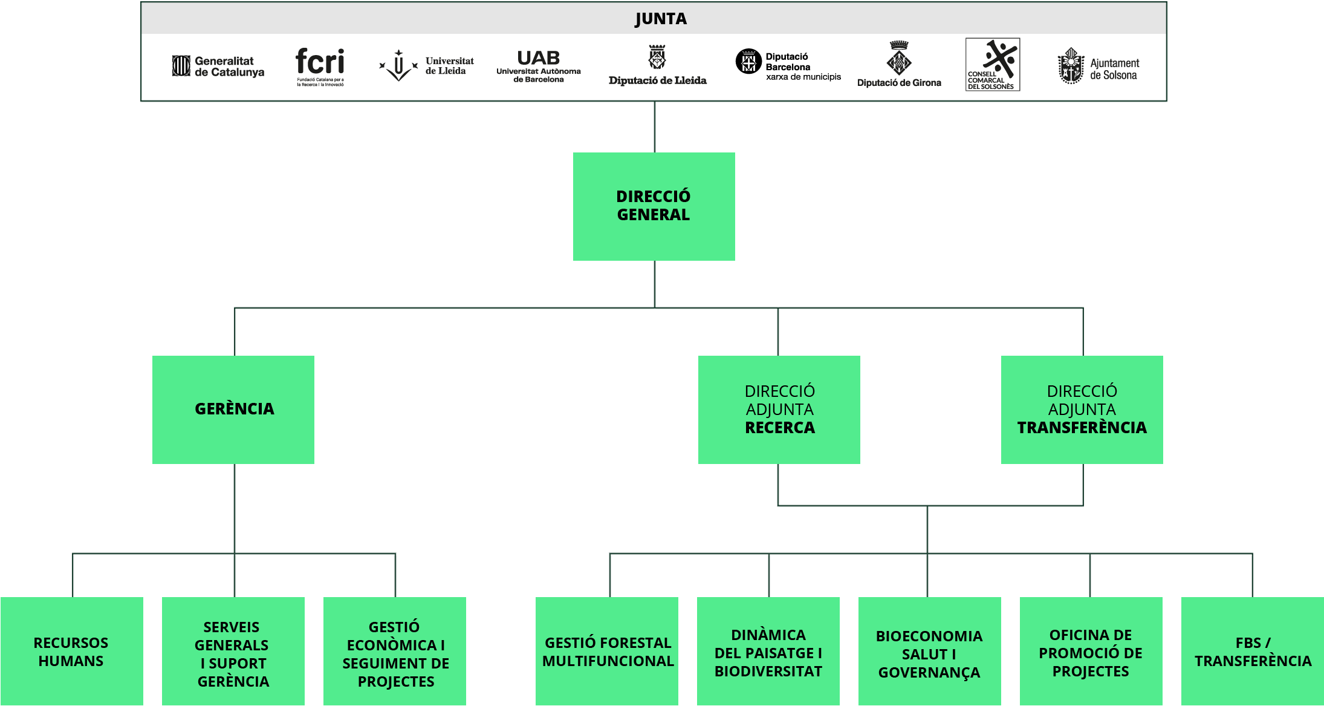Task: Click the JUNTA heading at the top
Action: [x=661, y=19]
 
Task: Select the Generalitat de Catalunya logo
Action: [x=218, y=66]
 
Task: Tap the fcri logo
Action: [x=320, y=67]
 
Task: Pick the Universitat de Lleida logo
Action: [x=426, y=65]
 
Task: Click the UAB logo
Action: [x=539, y=66]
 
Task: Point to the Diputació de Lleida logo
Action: [x=658, y=65]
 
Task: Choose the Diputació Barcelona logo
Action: [x=788, y=65]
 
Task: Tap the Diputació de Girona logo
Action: [x=899, y=64]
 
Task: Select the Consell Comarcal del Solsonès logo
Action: [x=993, y=65]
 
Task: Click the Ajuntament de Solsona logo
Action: [x=1098, y=66]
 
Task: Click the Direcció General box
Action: [x=654, y=206]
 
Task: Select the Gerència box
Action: [x=233, y=410]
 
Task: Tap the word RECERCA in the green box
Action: [x=780, y=428]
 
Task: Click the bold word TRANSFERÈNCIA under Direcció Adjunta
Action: [x=1082, y=428]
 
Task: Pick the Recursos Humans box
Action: [x=72, y=651]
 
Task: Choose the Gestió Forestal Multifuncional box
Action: [x=607, y=651]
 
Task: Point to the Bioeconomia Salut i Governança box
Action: [x=930, y=651]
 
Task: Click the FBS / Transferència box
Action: [x=1253, y=651]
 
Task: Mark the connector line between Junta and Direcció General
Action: [x=655, y=127]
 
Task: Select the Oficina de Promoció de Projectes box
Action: [x=1091, y=651]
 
